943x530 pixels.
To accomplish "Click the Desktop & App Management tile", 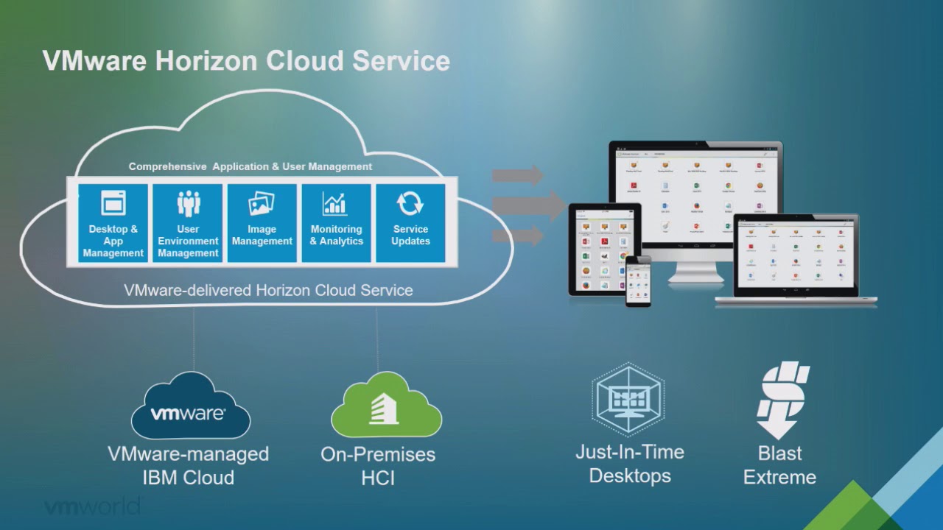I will point(113,223).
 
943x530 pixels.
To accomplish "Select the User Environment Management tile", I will point(188,223).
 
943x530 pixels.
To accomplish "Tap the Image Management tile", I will point(262,223).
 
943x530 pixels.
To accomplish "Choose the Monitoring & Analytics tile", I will point(337,223).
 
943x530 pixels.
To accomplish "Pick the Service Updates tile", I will point(410,223).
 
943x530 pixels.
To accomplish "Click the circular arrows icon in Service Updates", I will point(410,203).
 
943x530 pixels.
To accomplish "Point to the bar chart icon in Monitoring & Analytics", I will point(335,203).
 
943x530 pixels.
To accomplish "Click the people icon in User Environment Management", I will point(189,203).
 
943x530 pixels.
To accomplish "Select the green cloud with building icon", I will point(385,407).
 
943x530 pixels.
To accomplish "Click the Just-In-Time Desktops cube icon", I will point(628,398).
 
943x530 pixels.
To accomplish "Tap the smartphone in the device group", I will point(638,280).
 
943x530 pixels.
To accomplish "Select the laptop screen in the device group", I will point(796,255).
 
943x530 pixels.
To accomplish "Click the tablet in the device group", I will point(603,250).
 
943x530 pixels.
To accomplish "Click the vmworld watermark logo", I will point(91,507).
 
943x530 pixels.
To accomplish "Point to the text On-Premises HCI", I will point(378,465).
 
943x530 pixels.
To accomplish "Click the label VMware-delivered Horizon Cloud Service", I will point(268,290).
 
